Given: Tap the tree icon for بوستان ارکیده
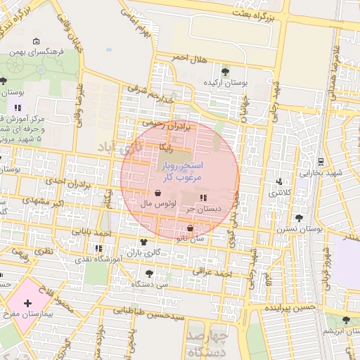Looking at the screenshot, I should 225,71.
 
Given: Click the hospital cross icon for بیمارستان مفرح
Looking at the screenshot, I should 27,303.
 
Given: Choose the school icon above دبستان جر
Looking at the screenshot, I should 203,198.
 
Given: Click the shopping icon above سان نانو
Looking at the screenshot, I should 191,228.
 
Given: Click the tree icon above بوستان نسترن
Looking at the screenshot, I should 300,218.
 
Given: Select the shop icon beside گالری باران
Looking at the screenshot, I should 134,251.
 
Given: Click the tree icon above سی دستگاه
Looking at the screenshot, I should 148,273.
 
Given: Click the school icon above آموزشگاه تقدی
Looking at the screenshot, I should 98,248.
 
